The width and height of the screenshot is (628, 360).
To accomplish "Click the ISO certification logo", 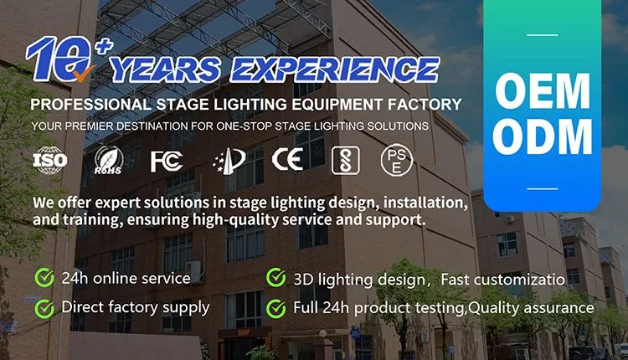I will pos(49,159).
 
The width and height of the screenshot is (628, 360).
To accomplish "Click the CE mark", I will pos(288,159).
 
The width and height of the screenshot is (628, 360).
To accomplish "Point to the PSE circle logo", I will pos(397,159).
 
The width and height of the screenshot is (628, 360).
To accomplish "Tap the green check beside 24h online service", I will pos(44,277).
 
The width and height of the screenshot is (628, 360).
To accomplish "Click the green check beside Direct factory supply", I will pos(44,308).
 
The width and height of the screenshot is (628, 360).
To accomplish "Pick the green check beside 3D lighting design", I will pos(275,277).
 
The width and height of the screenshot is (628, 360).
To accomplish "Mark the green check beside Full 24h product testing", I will pos(275,308).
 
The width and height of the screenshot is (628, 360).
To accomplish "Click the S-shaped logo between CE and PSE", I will pos(341,159).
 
